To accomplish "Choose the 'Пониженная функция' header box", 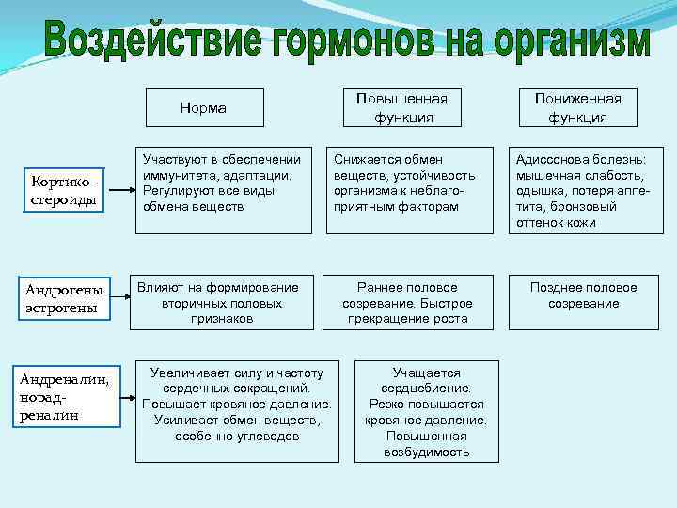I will click(577, 108).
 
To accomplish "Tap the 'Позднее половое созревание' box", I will click(583, 302).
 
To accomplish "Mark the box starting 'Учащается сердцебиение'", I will click(426, 412).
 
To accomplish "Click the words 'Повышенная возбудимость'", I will click(426, 445).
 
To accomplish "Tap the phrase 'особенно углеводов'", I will click(237, 436).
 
